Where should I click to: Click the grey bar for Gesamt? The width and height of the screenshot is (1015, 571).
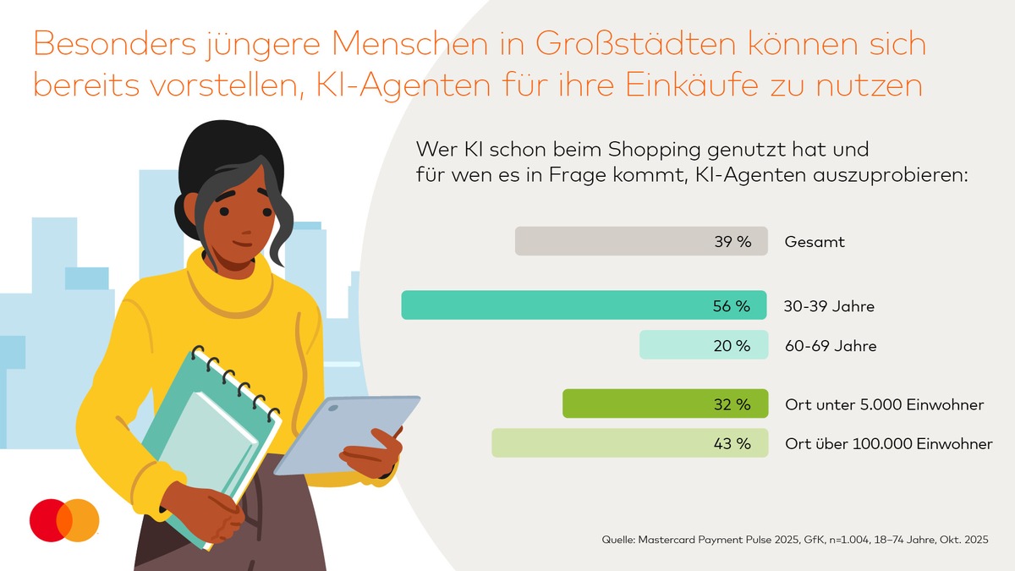[x=609, y=241]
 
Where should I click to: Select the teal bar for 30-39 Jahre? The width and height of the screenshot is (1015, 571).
[x=550, y=305]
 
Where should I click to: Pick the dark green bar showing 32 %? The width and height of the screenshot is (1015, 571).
[x=643, y=404]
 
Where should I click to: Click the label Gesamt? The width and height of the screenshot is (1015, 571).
[x=815, y=242]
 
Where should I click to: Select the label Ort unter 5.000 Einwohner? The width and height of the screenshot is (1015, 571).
[x=884, y=405]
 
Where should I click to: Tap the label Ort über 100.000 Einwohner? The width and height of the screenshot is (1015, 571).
[x=888, y=444]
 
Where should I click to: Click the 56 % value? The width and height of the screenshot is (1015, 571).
[x=732, y=306]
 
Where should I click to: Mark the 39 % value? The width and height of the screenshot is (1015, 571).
[x=732, y=242]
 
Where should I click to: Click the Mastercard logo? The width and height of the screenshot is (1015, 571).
[x=64, y=520]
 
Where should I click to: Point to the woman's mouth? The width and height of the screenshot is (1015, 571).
[x=243, y=243]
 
